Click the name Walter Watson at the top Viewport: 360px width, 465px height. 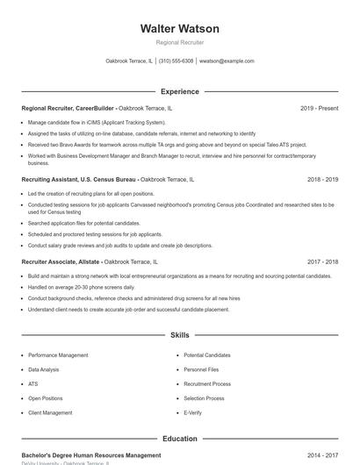point(179,29)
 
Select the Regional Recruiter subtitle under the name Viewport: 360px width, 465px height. point(179,42)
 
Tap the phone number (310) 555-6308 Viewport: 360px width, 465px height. point(176,61)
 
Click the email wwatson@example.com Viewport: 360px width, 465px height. point(227,61)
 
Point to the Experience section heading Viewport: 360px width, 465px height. point(179,91)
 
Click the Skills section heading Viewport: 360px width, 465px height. point(179,335)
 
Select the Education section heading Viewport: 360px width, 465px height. point(179,438)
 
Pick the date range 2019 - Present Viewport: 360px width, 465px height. point(319,109)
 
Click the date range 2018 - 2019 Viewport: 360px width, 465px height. point(322,179)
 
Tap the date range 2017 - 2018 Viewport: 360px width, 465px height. point(322,261)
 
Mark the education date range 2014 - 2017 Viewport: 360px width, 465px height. point(322,455)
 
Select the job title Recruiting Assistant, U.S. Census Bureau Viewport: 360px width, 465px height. point(79,179)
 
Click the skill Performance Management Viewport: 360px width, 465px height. point(58,355)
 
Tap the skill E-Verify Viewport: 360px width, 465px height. point(193,412)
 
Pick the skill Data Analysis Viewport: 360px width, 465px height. point(45,369)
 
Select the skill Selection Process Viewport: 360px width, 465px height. point(204,398)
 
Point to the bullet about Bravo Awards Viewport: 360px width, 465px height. point(167,144)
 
